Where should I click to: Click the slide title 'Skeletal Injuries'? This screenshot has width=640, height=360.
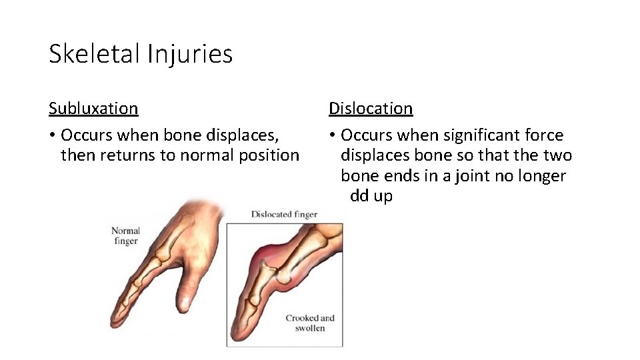click(x=141, y=54)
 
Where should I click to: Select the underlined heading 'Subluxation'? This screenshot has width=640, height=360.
click(x=93, y=108)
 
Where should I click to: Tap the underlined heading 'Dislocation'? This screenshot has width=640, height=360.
click(x=371, y=108)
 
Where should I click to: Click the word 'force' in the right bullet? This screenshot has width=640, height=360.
click(x=544, y=135)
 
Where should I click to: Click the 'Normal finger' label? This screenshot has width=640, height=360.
click(x=125, y=236)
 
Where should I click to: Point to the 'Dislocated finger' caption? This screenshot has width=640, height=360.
click(x=284, y=215)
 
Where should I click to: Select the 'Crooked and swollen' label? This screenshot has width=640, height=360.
click(x=310, y=323)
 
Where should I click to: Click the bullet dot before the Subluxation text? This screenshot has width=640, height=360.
click(x=52, y=136)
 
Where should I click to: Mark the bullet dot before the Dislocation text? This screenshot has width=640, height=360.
click(x=332, y=136)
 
